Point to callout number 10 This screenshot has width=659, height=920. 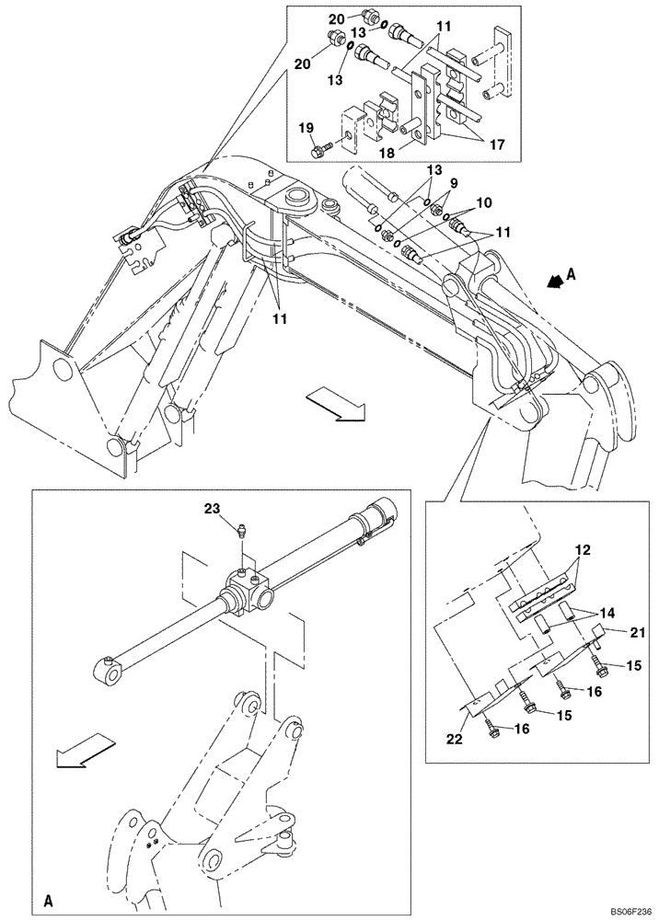coord(483,201)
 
